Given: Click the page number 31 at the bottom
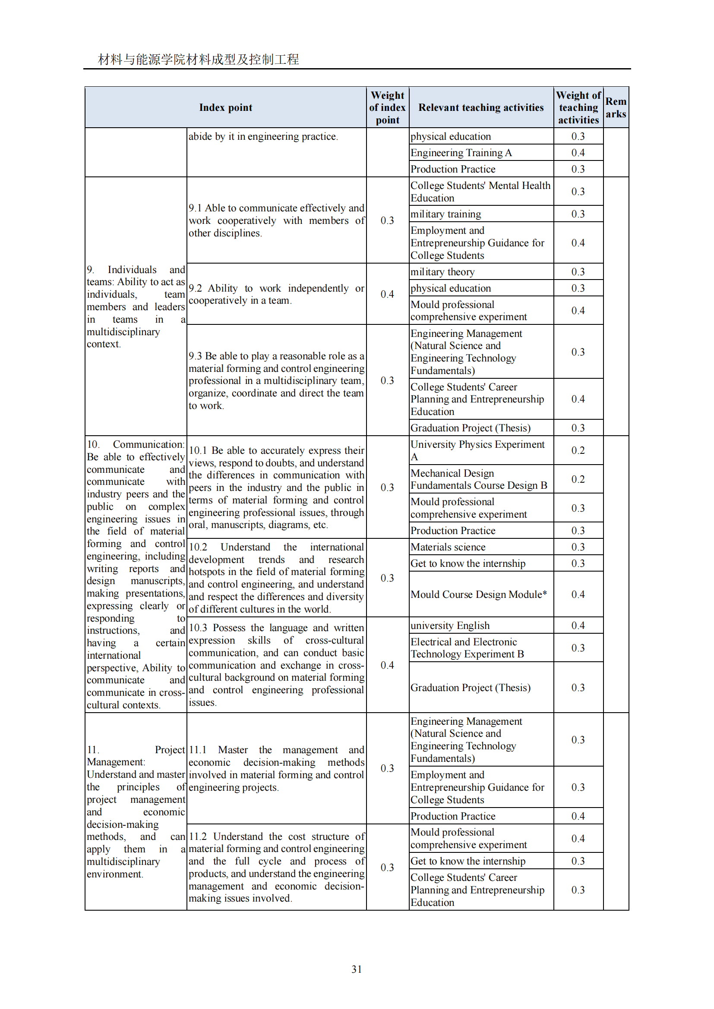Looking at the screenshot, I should (357, 969).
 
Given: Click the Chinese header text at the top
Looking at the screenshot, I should (198, 60).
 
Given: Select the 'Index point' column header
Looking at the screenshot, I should (225, 108).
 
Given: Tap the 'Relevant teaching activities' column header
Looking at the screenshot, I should (481, 108).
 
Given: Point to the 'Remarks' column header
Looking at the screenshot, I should (616, 108).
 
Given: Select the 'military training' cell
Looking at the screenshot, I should (446, 214).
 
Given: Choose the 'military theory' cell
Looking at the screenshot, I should (442, 272).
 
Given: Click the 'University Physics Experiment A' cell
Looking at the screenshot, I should (477, 450).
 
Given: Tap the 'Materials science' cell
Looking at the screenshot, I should (448, 547).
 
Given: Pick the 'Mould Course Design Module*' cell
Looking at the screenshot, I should (479, 594).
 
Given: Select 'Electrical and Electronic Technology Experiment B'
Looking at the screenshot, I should (467, 648).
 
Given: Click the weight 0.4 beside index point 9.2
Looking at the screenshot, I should (387, 294).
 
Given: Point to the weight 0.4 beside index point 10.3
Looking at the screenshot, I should (387, 665).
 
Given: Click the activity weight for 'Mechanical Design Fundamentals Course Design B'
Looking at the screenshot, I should (578, 479).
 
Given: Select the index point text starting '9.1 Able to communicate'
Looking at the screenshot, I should (276, 220).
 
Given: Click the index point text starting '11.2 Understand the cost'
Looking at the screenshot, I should (276, 867).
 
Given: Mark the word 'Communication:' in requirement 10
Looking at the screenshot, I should (148, 444).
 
